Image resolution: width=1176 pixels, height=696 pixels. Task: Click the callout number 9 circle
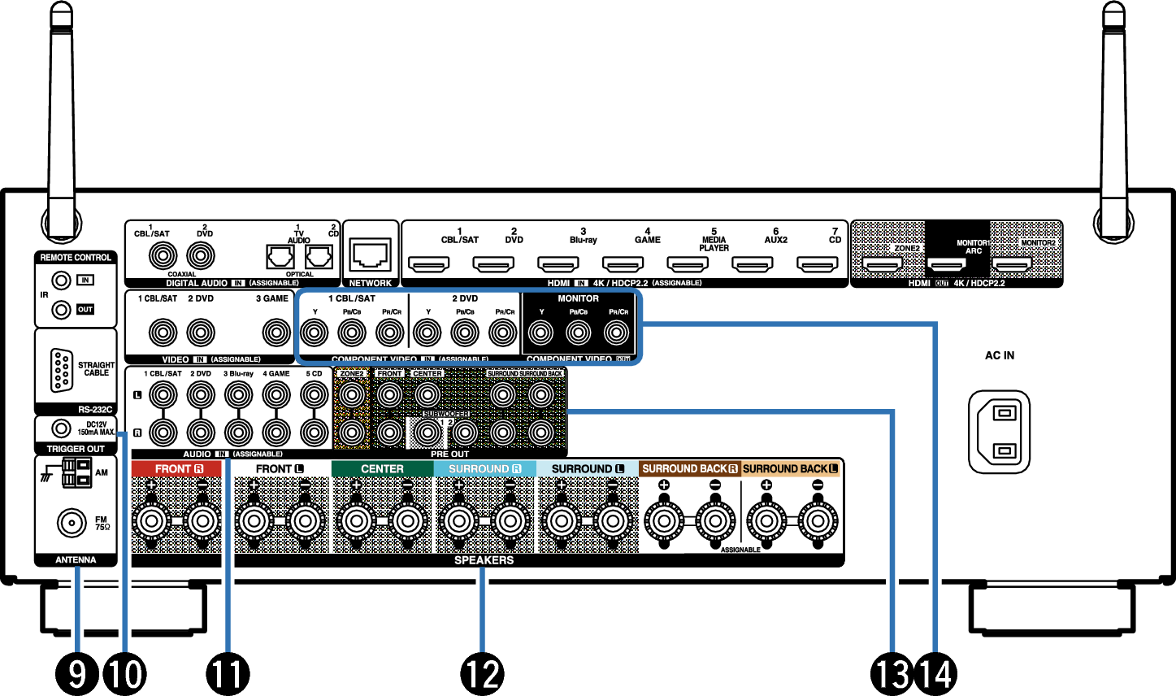point(77,673)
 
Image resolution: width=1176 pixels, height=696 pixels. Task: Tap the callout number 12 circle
point(482,673)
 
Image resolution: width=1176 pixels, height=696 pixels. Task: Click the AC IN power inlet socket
point(999,431)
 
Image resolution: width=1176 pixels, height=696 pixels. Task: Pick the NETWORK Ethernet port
point(371,255)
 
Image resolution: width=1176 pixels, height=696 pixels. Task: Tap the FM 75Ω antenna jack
point(72,523)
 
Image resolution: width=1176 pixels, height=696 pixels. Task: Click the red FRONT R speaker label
point(176,469)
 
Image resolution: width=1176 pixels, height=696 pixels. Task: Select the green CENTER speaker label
point(382,469)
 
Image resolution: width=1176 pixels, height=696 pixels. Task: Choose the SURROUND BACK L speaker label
point(791,469)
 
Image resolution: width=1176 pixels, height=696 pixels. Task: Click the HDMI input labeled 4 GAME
point(623,265)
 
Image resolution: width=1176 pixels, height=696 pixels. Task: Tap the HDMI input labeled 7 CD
point(818,265)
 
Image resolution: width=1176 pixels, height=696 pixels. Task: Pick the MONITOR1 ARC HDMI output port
point(947,265)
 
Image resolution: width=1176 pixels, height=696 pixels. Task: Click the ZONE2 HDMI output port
point(882,265)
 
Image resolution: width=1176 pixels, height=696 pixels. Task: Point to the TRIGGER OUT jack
point(60,428)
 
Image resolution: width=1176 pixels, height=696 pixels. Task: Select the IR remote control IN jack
point(60,281)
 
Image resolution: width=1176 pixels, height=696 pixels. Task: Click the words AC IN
point(999,355)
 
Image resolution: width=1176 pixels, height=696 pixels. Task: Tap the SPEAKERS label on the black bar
point(484,560)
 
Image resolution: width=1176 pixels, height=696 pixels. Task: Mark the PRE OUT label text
point(449,454)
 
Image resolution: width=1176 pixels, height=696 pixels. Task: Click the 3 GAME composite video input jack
point(276,333)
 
